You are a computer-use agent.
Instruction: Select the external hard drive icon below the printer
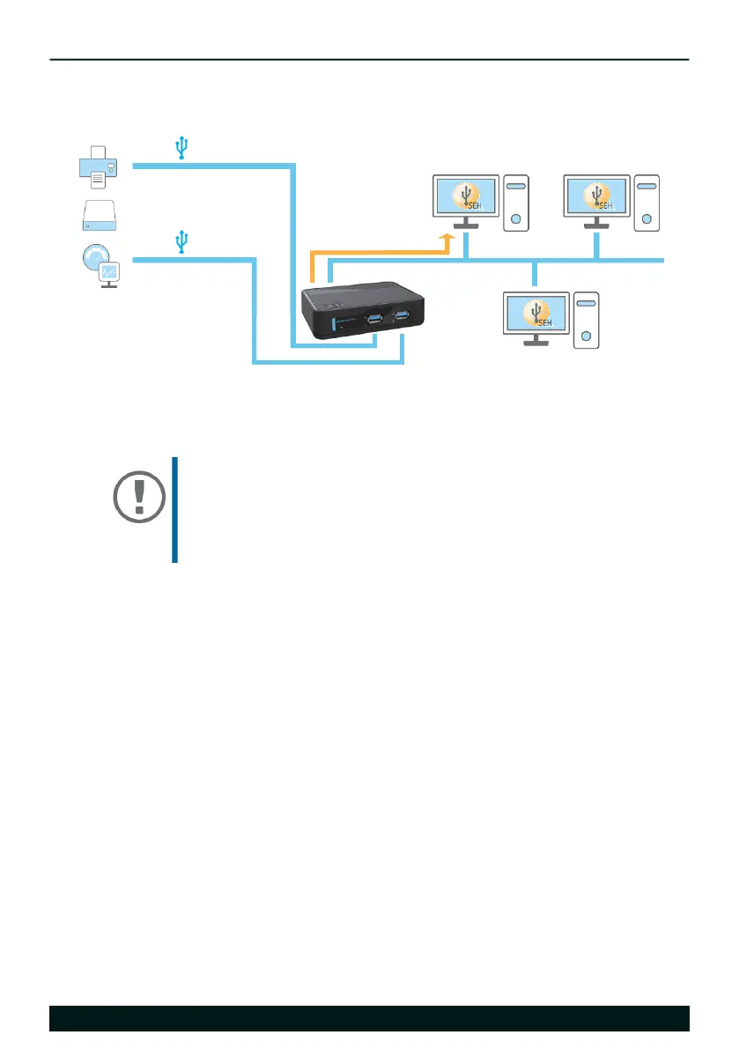tap(97, 215)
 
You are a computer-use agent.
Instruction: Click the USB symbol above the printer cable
tap(181, 148)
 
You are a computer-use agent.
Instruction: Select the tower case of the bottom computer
tap(586, 320)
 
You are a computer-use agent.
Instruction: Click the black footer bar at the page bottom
tap(369, 1017)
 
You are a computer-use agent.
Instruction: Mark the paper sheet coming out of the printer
tap(97, 180)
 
